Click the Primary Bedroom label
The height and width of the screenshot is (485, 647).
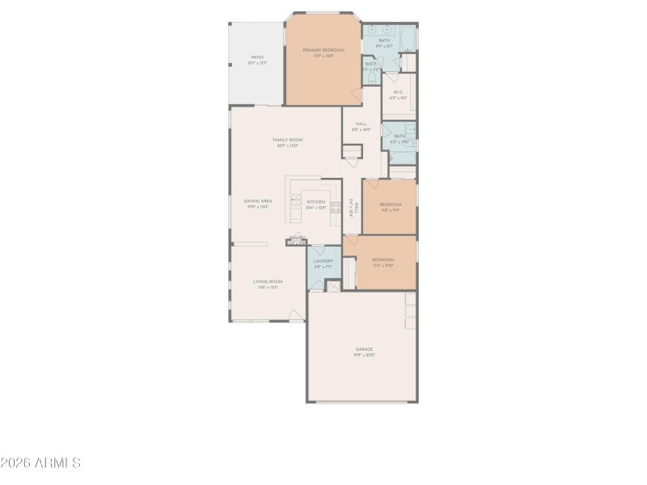pyautogui.click(x=323, y=50)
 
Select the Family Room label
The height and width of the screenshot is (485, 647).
pyautogui.click(x=288, y=140)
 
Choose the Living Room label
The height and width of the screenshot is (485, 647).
pyautogui.click(x=267, y=281)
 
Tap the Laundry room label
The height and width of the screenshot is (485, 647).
pyautogui.click(x=323, y=261)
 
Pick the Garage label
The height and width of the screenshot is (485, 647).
pyautogui.click(x=364, y=348)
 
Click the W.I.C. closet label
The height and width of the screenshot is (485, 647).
pyautogui.click(x=399, y=92)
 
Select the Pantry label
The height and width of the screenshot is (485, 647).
pyautogui.click(x=297, y=238)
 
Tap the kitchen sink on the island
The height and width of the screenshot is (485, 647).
pyautogui.click(x=296, y=201)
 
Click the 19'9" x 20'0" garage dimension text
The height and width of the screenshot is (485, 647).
pyautogui.click(x=364, y=354)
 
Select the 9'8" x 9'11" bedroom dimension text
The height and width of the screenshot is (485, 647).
pyautogui.click(x=391, y=209)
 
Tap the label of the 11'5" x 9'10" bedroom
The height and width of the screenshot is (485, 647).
pyautogui.click(x=383, y=259)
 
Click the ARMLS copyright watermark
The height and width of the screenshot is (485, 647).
pyautogui.click(x=40, y=463)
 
